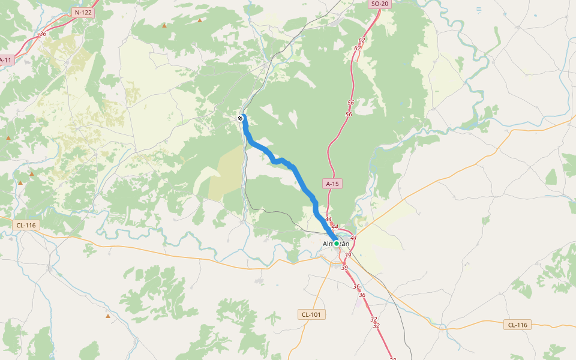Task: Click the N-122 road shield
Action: (x=84, y=12)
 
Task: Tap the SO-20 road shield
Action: (x=380, y=4)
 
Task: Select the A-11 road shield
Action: (x=5, y=60)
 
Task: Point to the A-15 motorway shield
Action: (x=333, y=184)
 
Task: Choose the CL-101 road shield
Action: (x=311, y=314)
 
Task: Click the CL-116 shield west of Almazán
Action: (x=26, y=225)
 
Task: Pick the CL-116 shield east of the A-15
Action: (x=517, y=325)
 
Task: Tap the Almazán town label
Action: (x=336, y=243)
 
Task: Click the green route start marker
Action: (x=337, y=243)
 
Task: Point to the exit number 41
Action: (x=353, y=238)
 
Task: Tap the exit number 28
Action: (x=393, y=358)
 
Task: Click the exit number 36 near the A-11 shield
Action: (x=43, y=34)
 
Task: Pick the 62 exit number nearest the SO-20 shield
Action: (x=362, y=40)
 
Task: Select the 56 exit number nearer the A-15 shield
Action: (x=349, y=114)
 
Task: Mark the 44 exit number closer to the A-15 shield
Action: (x=328, y=220)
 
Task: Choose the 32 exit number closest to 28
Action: (x=376, y=326)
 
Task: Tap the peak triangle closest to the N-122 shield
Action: (x=164, y=26)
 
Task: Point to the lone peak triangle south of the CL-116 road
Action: (x=108, y=316)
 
